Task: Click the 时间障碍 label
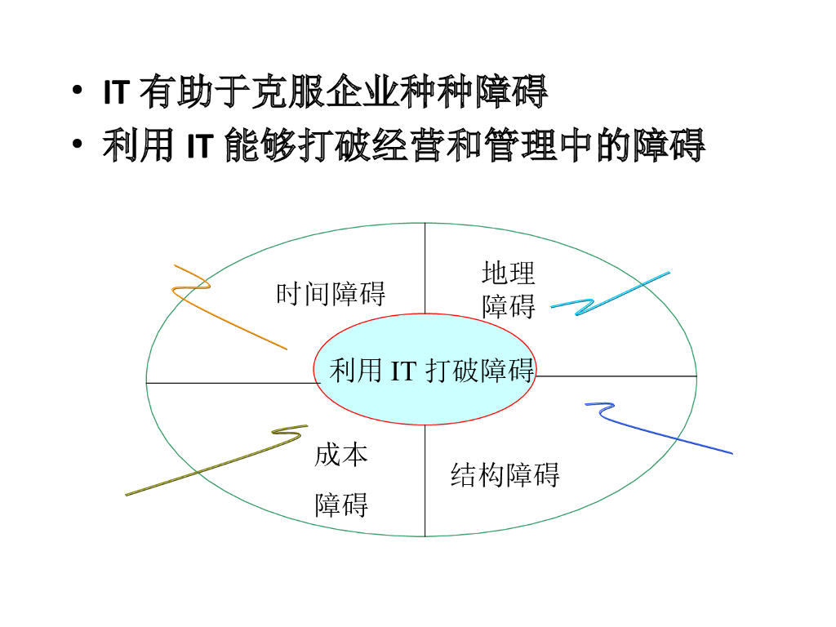(331, 293)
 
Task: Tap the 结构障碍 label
(505, 474)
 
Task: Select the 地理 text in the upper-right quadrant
(509, 273)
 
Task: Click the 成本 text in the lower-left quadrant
(341, 455)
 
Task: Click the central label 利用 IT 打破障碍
(432, 371)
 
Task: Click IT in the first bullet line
(116, 92)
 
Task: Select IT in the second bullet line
(200, 146)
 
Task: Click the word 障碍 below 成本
(342, 505)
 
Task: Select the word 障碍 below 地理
(509, 306)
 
